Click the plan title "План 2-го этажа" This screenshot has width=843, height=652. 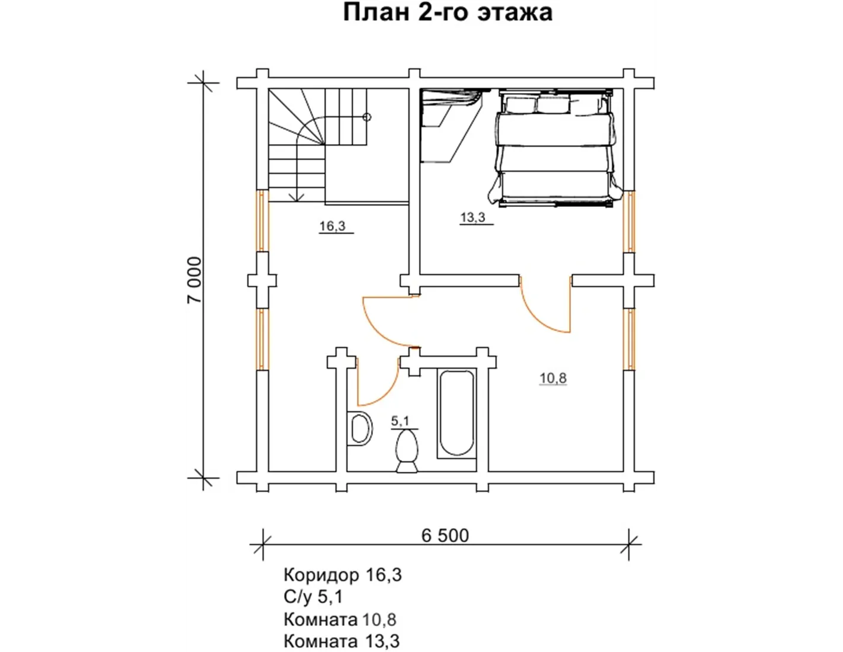coord(448,12)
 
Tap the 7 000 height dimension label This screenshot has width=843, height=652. coord(195,280)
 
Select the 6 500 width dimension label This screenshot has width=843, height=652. coord(445,536)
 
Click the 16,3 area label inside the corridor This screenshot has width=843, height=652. coord(333,226)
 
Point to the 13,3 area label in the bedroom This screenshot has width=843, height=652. coord(473,217)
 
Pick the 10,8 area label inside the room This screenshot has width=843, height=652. coord(553,378)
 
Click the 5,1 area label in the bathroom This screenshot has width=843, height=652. coord(400,420)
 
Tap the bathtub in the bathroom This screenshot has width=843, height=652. coord(456,414)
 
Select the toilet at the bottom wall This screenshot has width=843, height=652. coord(407,452)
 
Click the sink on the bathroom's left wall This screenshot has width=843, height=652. coord(360,429)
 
